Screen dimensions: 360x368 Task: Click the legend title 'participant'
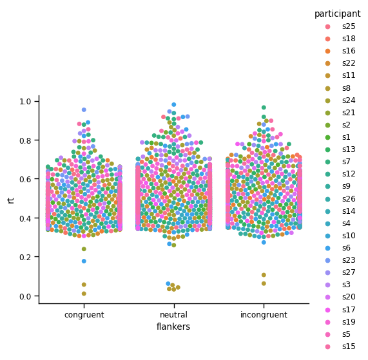click(x=337, y=14)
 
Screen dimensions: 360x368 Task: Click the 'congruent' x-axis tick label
click(x=84, y=315)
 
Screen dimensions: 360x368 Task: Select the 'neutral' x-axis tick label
click(x=173, y=315)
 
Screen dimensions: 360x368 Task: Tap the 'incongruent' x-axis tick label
click(x=263, y=315)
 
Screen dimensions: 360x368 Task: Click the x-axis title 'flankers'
click(x=173, y=327)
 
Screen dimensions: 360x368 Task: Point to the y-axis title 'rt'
click(x=11, y=199)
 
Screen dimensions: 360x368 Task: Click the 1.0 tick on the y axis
click(x=26, y=102)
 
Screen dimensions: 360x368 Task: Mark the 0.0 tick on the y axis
click(x=26, y=296)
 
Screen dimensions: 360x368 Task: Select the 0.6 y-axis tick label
click(x=26, y=180)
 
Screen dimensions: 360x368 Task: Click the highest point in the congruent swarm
click(x=84, y=110)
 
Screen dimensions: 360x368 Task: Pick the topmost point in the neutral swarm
click(x=173, y=104)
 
